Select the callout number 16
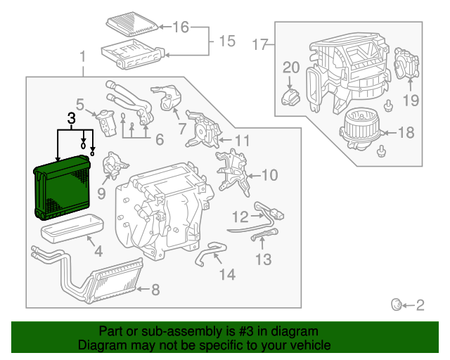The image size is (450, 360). (x=181, y=27)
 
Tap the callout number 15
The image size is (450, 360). (x=226, y=41)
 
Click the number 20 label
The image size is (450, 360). (x=291, y=67)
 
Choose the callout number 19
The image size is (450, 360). (x=411, y=98)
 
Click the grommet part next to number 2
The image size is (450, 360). (x=397, y=304)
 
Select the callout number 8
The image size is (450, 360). (x=155, y=289)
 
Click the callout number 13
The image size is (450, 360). (x=263, y=261)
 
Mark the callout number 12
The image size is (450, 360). (x=241, y=216)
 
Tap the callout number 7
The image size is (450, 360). (x=181, y=129)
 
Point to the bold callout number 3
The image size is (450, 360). (x=71, y=119)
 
